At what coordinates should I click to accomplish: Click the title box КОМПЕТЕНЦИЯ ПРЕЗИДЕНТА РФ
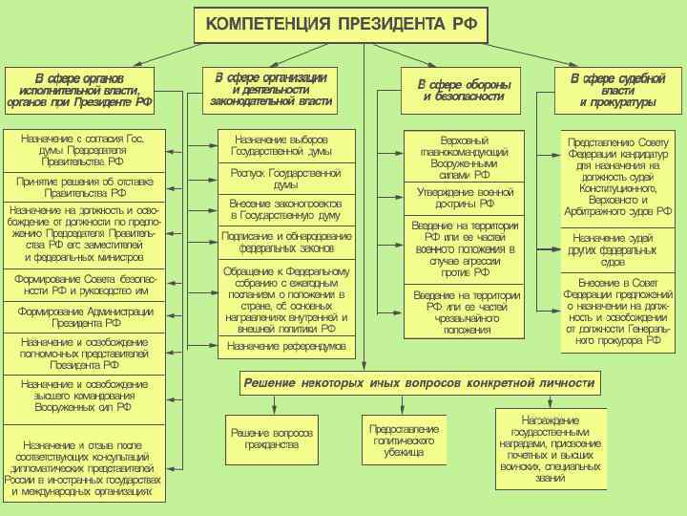341,23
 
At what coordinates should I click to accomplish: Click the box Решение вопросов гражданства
265,439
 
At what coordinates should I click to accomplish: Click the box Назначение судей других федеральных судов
618,249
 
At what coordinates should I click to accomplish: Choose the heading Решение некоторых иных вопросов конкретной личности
419,383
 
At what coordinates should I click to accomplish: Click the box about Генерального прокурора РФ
618,312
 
